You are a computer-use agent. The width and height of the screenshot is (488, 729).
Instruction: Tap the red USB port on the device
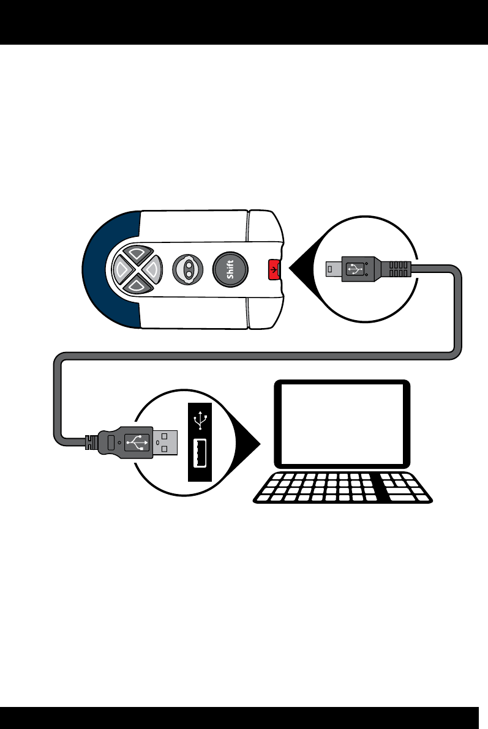[x=273, y=268]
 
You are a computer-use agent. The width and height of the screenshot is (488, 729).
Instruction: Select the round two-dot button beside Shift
[x=189, y=269]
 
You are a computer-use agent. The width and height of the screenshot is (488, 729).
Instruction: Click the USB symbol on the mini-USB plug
[x=356, y=268]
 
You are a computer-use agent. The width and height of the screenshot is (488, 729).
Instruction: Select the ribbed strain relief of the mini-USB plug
[x=397, y=268]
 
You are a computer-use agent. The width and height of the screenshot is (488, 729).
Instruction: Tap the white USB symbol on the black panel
[x=200, y=421]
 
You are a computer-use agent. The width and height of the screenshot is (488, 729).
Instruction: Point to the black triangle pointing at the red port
[x=300, y=268]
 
